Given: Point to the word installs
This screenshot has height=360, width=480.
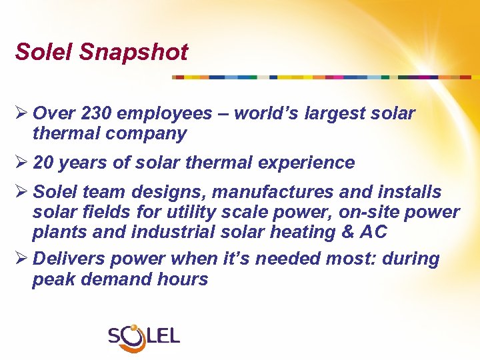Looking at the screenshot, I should click(409, 193).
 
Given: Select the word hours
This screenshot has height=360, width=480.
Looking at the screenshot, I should click(183, 279).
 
